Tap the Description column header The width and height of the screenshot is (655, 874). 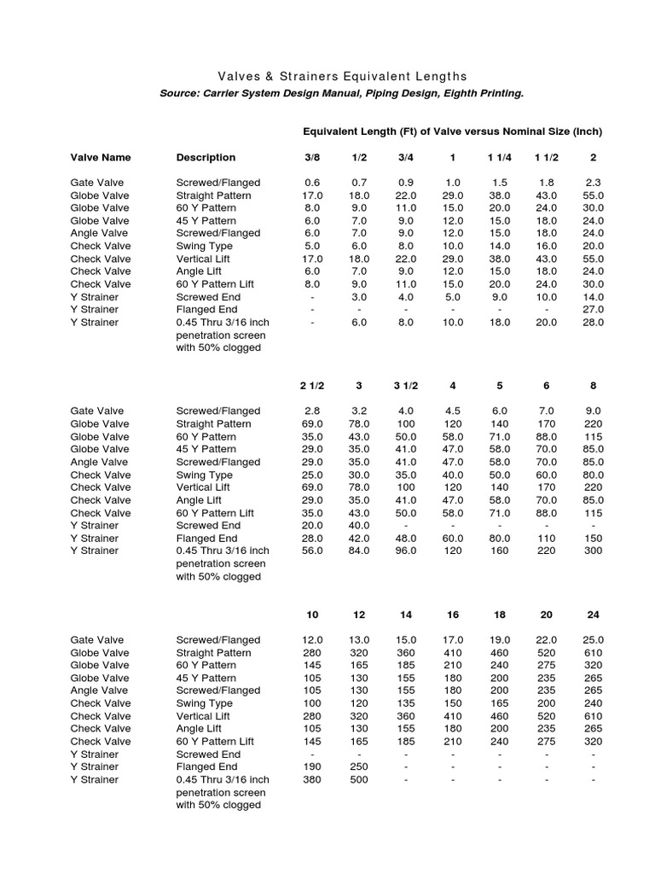[206, 157]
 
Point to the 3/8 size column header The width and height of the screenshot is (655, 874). [312, 157]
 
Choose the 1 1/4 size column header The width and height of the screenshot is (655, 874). [500, 157]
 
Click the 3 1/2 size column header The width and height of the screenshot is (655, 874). [406, 386]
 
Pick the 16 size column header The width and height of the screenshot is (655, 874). [453, 615]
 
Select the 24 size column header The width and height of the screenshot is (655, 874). [594, 615]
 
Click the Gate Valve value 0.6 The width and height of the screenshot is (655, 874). [312, 183]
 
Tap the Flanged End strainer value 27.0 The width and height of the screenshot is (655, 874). [594, 309]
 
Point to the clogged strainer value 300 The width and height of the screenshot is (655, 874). [594, 551]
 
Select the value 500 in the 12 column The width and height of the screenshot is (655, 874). [359, 780]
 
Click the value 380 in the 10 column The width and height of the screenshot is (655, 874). [312, 780]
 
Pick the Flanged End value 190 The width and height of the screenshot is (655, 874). [312, 767]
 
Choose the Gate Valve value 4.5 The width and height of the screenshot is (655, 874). [453, 411]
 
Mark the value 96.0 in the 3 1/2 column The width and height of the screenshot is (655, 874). [406, 551]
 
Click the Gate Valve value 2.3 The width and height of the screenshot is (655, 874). [594, 183]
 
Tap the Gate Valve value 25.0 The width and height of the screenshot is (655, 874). [594, 640]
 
